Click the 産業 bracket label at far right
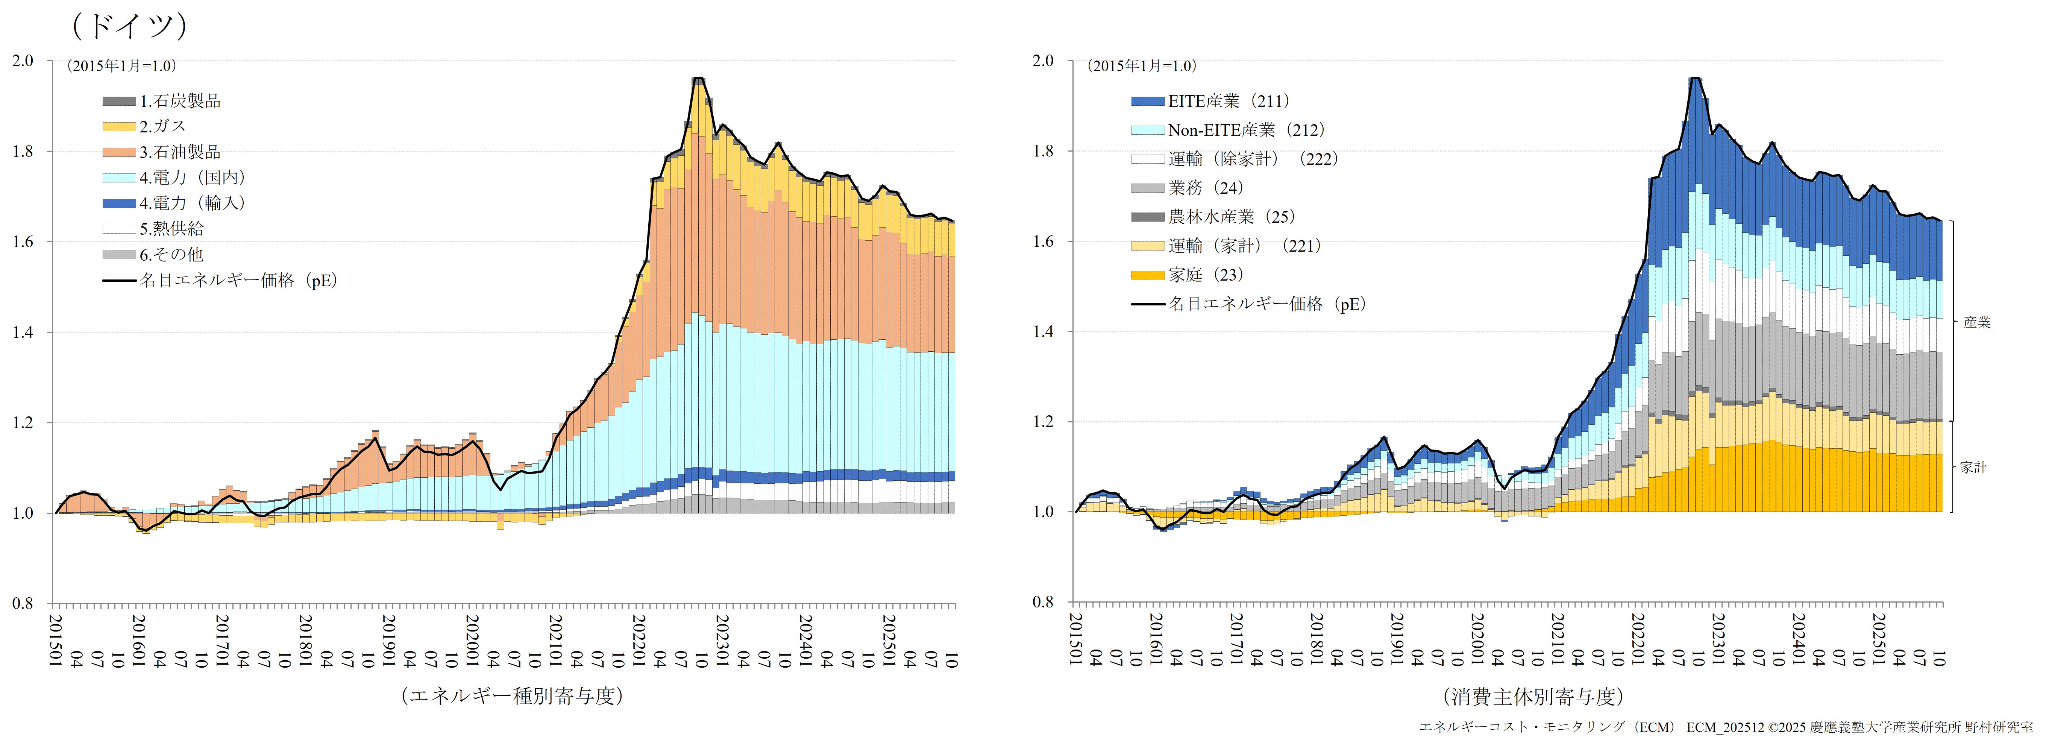[x=1977, y=323]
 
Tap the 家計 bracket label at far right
[x=1973, y=468]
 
